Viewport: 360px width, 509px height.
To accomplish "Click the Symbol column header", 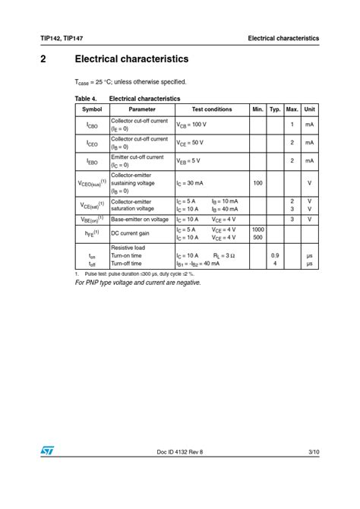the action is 92,109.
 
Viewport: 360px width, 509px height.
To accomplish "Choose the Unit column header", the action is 310,109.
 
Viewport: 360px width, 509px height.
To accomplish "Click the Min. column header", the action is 257,109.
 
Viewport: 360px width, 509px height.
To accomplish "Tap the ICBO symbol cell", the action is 92,125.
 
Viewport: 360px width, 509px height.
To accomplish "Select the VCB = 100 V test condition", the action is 191,124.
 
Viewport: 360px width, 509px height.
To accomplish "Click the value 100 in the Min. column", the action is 257,183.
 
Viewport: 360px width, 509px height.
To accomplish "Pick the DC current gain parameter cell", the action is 131,233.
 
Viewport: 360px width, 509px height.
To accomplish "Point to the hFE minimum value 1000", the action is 257,229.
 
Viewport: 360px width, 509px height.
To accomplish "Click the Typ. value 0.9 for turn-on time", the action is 275,256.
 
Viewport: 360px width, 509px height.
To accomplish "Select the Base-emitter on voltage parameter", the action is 140,219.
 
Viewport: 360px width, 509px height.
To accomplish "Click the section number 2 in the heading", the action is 43,58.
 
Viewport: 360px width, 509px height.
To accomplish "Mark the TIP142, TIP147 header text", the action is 62,38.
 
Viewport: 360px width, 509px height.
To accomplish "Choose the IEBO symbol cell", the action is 92,161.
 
